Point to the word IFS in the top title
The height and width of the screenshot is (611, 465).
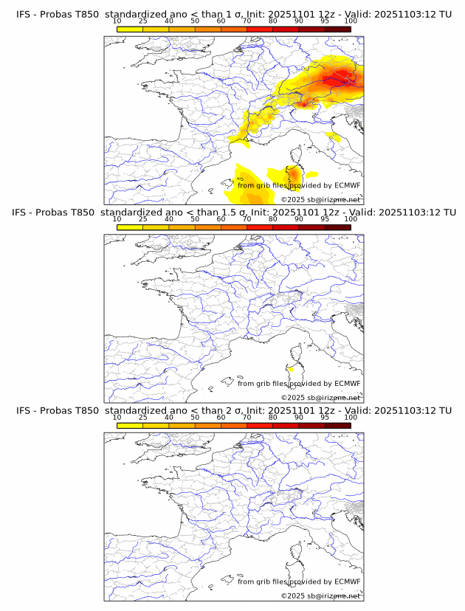(x=24, y=14)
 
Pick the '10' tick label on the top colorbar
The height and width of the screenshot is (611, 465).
(x=117, y=21)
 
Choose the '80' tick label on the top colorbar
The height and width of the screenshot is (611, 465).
(x=273, y=21)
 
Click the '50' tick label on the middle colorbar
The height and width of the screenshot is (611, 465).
(x=195, y=219)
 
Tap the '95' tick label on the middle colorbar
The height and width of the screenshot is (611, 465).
(x=325, y=219)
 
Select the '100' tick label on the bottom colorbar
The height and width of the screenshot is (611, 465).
(x=351, y=417)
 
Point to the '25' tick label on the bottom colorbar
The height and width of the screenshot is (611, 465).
(x=143, y=417)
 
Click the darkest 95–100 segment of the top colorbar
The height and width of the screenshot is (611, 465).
(x=337, y=29)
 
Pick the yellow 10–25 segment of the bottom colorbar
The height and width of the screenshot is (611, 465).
(x=130, y=425)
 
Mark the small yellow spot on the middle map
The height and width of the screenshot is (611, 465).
(x=292, y=368)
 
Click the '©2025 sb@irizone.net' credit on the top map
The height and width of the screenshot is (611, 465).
(x=320, y=199)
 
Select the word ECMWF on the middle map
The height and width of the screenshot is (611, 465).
(x=347, y=384)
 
